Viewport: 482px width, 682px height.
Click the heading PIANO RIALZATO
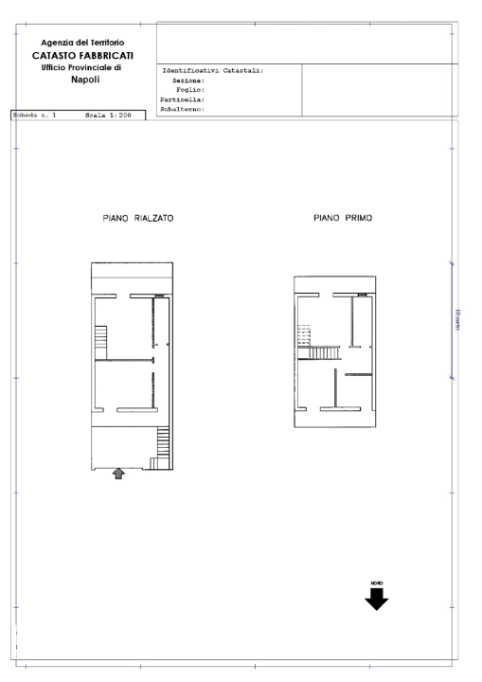(137, 218)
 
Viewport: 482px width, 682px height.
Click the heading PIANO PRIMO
(343, 218)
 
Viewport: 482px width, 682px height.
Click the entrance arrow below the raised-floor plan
(118, 473)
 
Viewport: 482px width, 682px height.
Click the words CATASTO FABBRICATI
(82, 56)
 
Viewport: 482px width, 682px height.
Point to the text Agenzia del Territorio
(82, 44)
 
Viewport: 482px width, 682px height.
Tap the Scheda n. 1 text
(35, 116)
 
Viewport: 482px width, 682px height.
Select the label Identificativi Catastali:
(213, 71)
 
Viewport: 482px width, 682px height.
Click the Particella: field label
(184, 99)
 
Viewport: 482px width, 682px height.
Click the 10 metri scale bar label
(458, 321)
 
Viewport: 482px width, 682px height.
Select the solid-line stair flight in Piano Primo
(319, 353)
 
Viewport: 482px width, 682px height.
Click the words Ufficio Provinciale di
(82, 68)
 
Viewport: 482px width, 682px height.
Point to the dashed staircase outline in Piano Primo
(304, 335)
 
